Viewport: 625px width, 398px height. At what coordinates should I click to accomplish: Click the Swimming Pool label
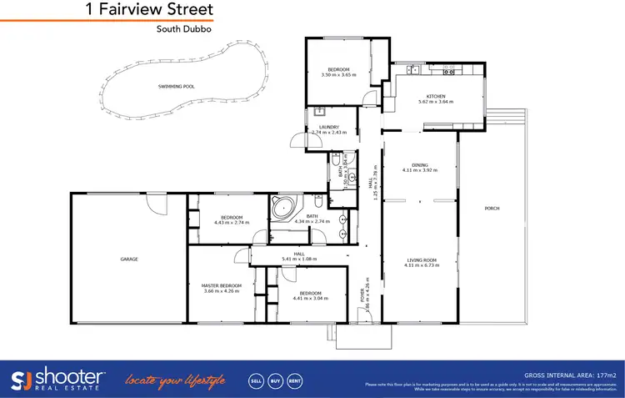176,86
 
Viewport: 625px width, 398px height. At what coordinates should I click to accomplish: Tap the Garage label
128,259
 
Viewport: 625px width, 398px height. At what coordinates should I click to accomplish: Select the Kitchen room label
437,97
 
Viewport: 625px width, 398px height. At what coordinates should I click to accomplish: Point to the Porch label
491,208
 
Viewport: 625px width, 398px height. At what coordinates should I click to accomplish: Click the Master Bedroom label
221,285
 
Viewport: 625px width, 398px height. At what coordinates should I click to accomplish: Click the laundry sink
319,113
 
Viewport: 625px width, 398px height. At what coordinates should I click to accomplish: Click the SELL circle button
257,380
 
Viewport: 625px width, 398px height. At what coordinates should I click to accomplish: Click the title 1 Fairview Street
149,10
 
